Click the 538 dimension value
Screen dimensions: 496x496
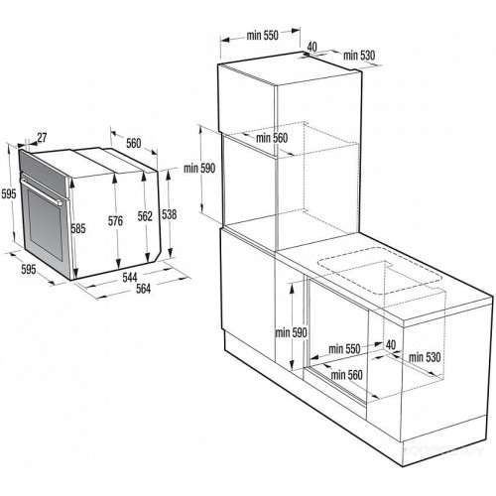coord(171,213)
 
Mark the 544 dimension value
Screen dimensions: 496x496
coord(129,275)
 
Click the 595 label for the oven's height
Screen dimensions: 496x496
coord(9,193)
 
